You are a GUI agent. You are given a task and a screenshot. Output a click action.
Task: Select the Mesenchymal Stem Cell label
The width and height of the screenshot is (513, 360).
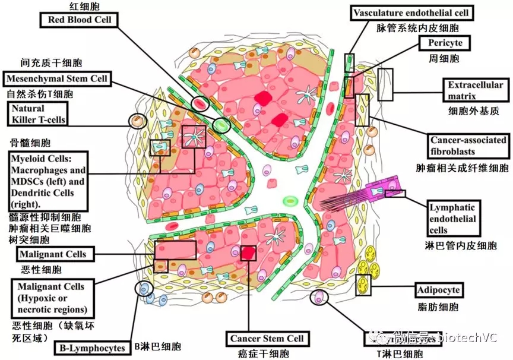click(x=57, y=79)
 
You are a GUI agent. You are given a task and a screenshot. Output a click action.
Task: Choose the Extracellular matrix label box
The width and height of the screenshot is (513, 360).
click(x=475, y=90)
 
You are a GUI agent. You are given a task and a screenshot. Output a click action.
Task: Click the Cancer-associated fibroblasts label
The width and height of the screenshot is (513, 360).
click(x=469, y=146)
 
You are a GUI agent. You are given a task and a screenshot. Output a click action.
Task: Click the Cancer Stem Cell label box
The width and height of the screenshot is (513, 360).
click(x=267, y=339)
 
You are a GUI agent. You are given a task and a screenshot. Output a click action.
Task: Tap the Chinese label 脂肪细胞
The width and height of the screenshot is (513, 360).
click(x=438, y=308)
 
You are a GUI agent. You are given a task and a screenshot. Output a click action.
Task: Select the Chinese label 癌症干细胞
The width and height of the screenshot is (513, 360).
click(x=267, y=354)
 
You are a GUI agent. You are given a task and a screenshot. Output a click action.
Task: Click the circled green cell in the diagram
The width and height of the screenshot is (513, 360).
click(x=221, y=125)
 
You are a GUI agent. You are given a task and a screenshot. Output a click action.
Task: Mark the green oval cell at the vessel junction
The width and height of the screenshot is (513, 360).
click(x=290, y=201)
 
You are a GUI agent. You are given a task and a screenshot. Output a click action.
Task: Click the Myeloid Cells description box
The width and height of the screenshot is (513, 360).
click(x=49, y=182)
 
